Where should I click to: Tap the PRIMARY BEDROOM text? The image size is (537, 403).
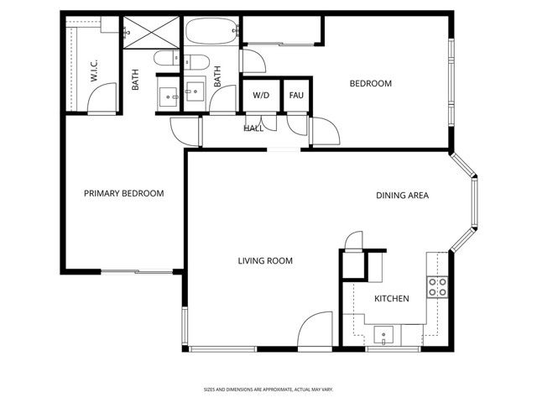[123, 194]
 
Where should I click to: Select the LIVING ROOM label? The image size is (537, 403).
[265, 261]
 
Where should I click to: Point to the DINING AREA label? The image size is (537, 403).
[402, 196]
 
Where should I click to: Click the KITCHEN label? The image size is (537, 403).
[391, 299]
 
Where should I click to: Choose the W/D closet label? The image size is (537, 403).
[262, 95]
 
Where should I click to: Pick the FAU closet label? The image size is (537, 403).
[296, 95]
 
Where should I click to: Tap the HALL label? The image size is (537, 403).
[253, 128]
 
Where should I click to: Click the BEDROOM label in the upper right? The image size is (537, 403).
[371, 83]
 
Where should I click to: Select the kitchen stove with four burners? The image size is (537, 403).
[437, 287]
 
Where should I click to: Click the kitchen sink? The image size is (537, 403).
[383, 336]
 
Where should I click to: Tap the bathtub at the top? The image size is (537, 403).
[211, 34]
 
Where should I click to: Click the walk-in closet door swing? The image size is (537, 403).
[102, 100]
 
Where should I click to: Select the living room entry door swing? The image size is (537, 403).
[315, 329]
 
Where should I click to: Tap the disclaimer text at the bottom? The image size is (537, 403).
[268, 389]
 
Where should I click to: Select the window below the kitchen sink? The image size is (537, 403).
[393, 348]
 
